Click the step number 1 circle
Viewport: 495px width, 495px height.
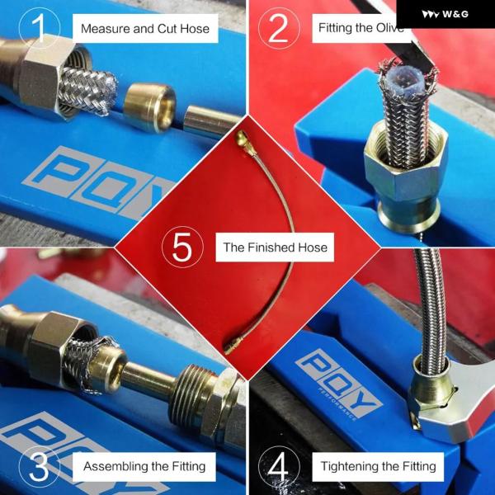[40, 28]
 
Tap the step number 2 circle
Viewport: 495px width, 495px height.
[279, 28]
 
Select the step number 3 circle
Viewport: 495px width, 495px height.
[40, 466]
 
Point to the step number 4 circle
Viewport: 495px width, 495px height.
[279, 466]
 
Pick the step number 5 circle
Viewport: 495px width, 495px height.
[182, 247]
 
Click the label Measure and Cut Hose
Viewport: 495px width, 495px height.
[145, 28]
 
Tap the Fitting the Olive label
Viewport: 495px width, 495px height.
[361, 28]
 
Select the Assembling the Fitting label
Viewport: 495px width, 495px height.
[144, 467]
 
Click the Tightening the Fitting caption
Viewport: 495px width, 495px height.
[378, 467]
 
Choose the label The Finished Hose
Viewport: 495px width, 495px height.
[275, 247]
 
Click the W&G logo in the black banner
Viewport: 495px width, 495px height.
[445, 14]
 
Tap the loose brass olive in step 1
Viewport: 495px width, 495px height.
[149, 106]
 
